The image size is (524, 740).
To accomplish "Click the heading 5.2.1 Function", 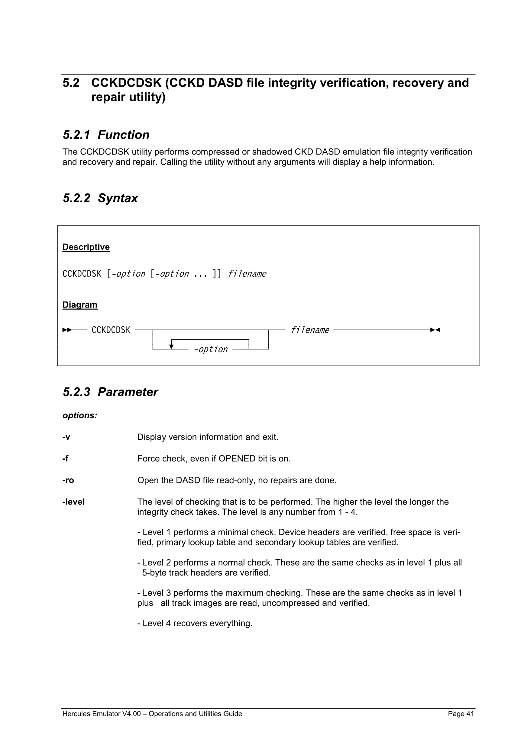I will point(106,135).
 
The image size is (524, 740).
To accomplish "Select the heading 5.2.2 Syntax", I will point(100,198).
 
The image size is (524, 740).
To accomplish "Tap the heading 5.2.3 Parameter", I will point(110,392).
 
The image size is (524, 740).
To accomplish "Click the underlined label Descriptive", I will point(86,247).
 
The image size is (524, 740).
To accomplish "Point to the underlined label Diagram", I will point(80,305).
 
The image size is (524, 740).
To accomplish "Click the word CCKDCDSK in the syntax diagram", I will point(111,330).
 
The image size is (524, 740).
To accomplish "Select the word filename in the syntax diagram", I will point(310,330).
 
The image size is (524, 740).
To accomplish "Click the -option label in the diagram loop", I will point(211,349).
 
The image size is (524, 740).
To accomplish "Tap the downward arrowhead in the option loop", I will point(171,347).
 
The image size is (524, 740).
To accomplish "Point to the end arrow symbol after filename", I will point(435,330).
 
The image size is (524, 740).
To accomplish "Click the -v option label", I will point(66,437).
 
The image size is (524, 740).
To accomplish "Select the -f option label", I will point(65,459).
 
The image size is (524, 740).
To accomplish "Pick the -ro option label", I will point(68,480).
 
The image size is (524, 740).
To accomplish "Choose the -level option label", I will point(73,502).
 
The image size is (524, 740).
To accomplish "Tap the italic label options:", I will point(80,416).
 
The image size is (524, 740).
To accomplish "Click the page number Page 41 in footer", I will point(461,714).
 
